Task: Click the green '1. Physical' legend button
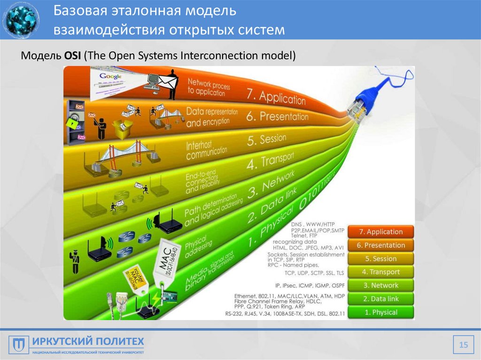380,312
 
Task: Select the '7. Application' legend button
380,231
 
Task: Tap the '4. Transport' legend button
380,272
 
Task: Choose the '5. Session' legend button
380,259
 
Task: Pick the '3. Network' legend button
380,285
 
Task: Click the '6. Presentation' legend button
380,245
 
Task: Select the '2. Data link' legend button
380,299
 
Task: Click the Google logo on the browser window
111,76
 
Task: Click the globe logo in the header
21,20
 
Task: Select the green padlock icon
71,123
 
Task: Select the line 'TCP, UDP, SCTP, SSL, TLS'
314,272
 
